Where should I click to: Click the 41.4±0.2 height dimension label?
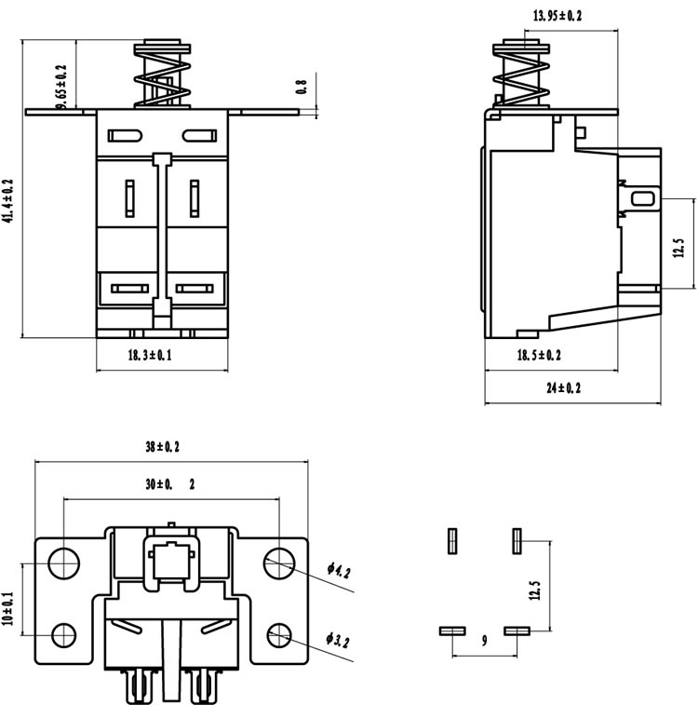click(x=8, y=201)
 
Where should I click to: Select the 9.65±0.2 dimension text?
click(x=61, y=87)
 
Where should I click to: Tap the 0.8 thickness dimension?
click(x=301, y=87)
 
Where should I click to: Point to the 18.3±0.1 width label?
click(x=150, y=355)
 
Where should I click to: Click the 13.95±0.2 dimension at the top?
click(x=557, y=16)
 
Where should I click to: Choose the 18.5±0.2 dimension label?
click(x=539, y=355)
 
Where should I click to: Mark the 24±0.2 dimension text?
click(x=563, y=387)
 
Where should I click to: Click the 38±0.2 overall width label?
click(x=162, y=447)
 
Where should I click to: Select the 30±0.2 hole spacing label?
click(x=170, y=484)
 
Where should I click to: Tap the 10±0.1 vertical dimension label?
click(x=8, y=608)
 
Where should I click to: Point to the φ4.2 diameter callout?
click(x=339, y=570)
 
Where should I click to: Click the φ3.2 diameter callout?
click(x=338, y=640)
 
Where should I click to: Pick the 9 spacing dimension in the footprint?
click(x=484, y=640)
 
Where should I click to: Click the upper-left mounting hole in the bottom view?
click(x=64, y=563)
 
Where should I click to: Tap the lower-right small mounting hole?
click(x=279, y=635)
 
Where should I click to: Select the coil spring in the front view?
click(x=162, y=78)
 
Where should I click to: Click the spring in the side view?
click(x=521, y=78)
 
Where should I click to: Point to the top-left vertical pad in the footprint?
click(x=452, y=541)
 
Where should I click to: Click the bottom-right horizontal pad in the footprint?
click(x=517, y=630)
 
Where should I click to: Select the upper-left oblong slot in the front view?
click(x=125, y=136)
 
